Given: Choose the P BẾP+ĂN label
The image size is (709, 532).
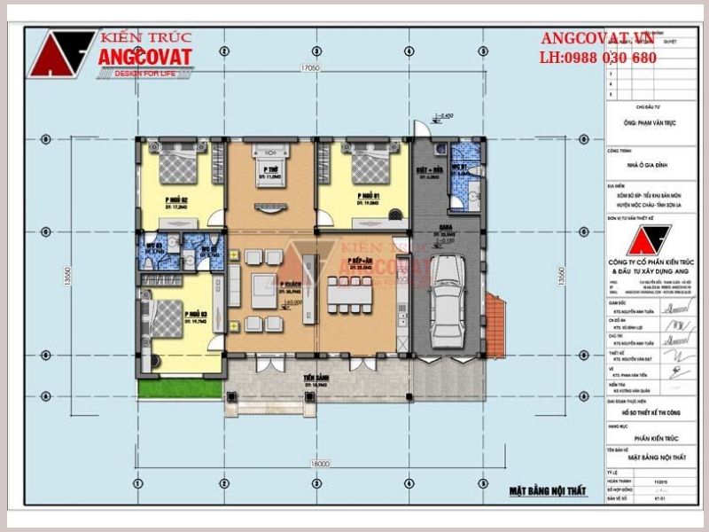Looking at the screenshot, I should [359, 262].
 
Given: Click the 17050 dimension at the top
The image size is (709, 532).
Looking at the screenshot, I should [309, 67].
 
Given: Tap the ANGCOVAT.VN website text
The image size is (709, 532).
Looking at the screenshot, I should [598, 38].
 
